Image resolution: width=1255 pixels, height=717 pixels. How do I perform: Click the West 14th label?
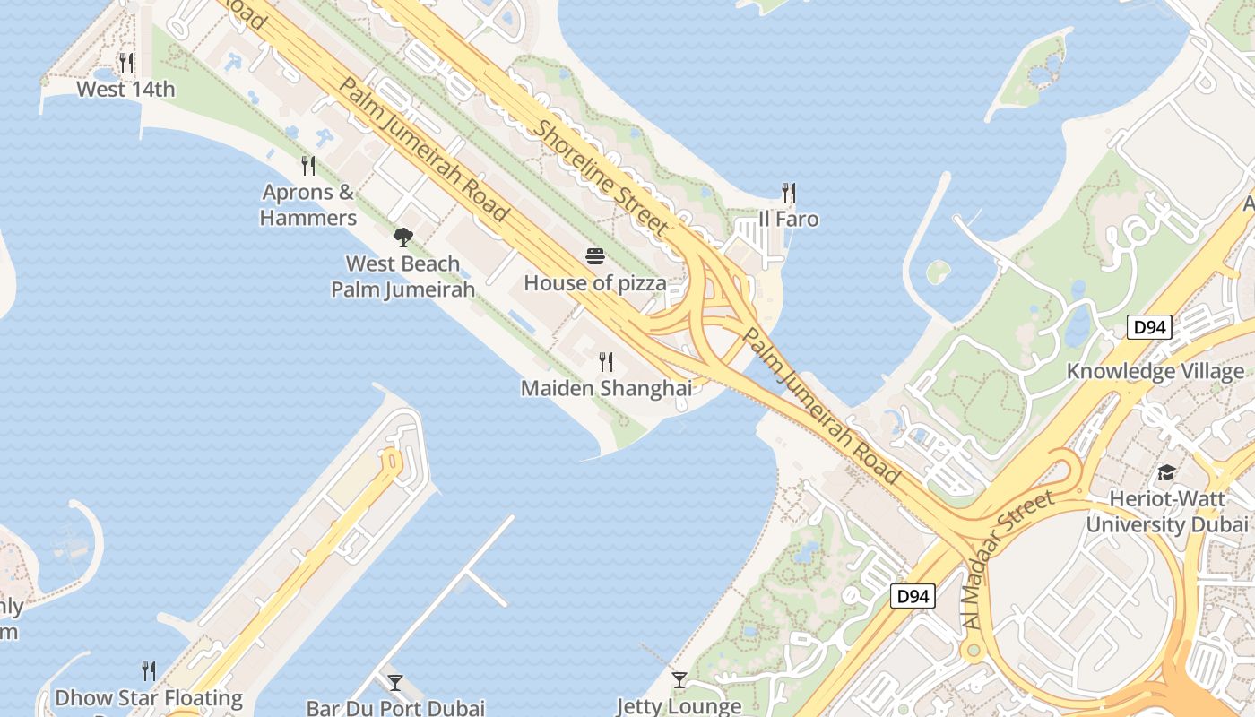pos(125,90)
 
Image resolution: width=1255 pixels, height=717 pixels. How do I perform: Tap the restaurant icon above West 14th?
pos(126,63)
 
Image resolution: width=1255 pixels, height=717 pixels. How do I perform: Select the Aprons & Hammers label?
pos(308,205)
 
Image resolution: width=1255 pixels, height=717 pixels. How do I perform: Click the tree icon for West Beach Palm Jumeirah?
pos(403,238)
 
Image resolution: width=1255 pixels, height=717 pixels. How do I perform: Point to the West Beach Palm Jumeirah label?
pos(403,277)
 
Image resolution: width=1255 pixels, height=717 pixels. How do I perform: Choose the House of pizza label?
pos(595,284)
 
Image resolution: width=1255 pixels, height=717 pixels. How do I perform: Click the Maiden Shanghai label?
pos(607,389)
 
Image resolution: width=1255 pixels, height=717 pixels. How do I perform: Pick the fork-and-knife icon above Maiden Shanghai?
pos(607,362)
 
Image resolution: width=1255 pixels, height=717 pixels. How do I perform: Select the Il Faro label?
pos(789,220)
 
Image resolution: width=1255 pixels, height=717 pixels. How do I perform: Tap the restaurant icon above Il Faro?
pos(789,193)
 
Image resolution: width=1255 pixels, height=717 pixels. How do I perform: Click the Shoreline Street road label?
pos(601,176)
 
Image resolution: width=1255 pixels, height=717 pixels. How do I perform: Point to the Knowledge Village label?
pos(1155,371)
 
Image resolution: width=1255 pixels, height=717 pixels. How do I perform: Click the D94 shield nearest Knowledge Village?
pos(1149,327)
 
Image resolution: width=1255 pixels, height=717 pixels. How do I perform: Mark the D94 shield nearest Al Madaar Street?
pos(913,595)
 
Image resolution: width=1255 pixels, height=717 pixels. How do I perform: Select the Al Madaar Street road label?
pos(1008,547)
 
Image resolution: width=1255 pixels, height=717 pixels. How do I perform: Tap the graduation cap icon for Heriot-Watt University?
pos(1167,472)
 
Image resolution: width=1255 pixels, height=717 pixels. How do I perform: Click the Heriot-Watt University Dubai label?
pos(1167,511)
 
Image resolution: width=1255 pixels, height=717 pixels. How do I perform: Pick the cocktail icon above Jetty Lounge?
pos(679,680)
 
